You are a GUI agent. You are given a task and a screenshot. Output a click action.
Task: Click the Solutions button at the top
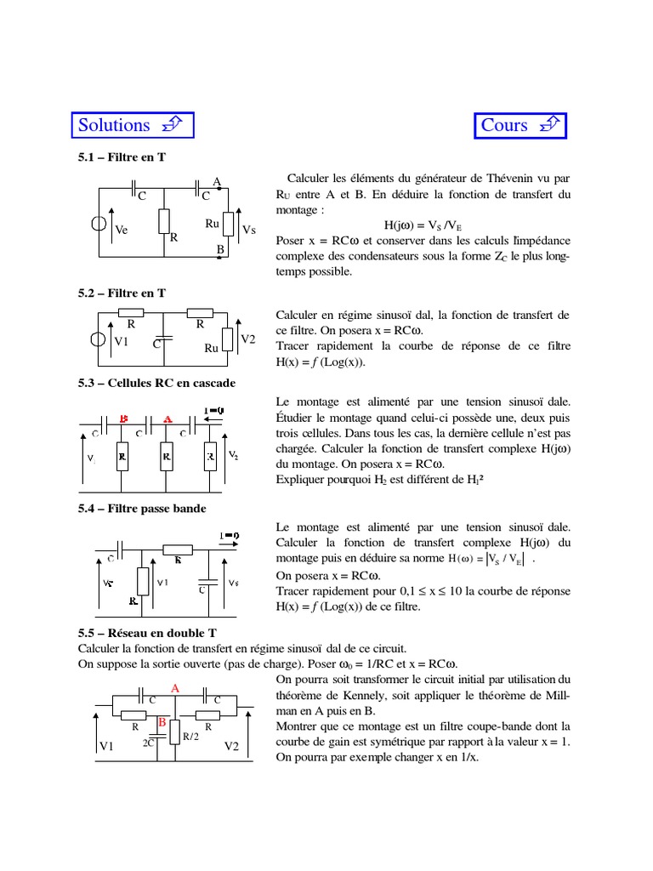(x=131, y=125)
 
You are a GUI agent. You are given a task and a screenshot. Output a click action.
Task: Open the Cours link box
(x=519, y=125)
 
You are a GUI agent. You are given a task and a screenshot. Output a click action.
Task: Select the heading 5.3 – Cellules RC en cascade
(x=156, y=383)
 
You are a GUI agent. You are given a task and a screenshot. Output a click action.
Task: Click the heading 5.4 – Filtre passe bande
(x=142, y=509)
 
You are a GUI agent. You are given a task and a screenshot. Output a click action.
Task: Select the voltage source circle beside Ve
(x=99, y=225)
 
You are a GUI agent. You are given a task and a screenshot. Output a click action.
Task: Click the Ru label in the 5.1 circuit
(x=213, y=223)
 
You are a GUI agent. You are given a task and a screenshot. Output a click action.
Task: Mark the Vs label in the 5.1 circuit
(x=249, y=230)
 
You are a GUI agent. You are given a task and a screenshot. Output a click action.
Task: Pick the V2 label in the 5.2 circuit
(x=248, y=339)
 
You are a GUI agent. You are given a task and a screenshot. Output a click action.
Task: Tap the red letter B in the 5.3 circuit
(x=124, y=419)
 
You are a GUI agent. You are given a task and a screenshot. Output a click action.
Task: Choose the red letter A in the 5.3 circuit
(x=168, y=419)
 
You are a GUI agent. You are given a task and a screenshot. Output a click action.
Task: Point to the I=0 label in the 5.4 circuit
(x=230, y=536)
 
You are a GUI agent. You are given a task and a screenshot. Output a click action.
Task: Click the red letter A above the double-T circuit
(x=175, y=687)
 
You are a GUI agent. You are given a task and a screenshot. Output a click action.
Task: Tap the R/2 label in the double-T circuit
(x=190, y=737)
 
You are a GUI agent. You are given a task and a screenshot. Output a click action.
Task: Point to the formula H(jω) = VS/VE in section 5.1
(x=423, y=225)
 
